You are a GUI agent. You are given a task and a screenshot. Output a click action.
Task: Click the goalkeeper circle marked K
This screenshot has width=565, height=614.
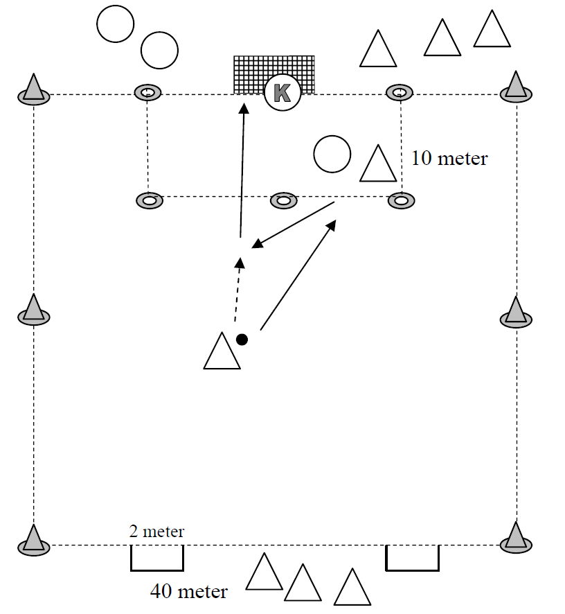coord(282,93)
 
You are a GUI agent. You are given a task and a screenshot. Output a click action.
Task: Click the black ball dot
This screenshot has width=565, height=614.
coord(242,340)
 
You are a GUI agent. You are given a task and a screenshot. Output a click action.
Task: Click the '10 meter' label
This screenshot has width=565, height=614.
coord(449,159)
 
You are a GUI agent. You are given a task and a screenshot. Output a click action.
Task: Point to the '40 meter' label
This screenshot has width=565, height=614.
coord(188,592)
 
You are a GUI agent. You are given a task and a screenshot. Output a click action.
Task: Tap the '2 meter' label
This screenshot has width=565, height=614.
coord(156,532)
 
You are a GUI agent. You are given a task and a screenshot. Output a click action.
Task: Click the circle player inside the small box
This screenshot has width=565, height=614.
coord(332,154)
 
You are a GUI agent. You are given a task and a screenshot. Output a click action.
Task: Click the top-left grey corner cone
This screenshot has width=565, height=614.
coord(33,91)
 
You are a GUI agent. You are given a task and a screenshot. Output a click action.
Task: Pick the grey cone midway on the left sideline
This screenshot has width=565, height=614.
coord(33,311)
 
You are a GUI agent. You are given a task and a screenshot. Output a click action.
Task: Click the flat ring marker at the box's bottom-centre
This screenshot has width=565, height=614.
coord(282,200)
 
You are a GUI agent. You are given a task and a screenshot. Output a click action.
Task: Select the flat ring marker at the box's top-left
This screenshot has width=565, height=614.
coord(147,92)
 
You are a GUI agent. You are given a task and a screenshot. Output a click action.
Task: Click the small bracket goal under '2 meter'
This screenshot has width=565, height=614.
coord(157,559)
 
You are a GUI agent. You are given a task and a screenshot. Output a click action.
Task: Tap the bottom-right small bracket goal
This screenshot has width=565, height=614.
coord(412,559)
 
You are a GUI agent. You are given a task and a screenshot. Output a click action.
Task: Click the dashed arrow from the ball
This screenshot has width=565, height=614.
coord(237,291)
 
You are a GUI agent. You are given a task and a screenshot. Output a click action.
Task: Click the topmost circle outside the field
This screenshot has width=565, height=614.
coord(115,24)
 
